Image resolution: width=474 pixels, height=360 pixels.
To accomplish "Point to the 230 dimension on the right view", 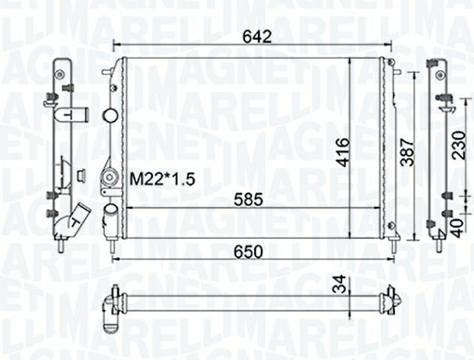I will pos(458,143).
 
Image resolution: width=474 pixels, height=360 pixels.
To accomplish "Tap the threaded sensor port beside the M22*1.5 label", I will pos(108,181).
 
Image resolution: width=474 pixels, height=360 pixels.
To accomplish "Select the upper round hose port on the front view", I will pos(109,116).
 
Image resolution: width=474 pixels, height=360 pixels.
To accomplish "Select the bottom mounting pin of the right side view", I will pos(439,246).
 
